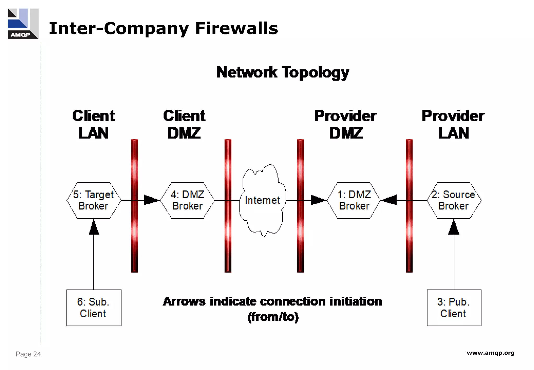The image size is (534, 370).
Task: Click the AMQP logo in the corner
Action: click(23, 24)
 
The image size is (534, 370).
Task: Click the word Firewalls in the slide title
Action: click(236, 28)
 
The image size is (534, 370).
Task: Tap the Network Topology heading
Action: click(283, 72)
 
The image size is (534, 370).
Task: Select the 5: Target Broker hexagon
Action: click(94, 200)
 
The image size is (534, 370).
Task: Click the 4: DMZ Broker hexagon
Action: click(187, 200)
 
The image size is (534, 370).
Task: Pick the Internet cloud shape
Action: click(262, 200)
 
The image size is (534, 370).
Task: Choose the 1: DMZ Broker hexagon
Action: click(354, 200)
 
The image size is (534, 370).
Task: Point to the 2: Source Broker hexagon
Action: click(454, 200)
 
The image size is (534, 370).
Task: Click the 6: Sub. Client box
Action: click(94, 308)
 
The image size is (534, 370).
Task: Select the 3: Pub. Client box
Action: click(454, 308)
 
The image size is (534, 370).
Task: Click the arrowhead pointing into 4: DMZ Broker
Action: click(151, 200)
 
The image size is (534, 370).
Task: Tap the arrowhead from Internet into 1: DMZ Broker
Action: click(318, 200)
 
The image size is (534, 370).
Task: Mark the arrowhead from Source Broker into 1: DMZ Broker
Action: click(390, 200)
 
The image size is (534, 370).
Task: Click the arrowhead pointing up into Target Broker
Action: click(94, 228)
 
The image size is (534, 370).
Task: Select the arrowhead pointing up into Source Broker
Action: click(454, 228)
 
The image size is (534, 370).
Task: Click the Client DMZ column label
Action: click(184, 124)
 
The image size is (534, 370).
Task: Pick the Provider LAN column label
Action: click(453, 124)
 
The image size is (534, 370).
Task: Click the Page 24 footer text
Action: click(28, 354)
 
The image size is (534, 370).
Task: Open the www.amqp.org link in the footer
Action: click(490, 353)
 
